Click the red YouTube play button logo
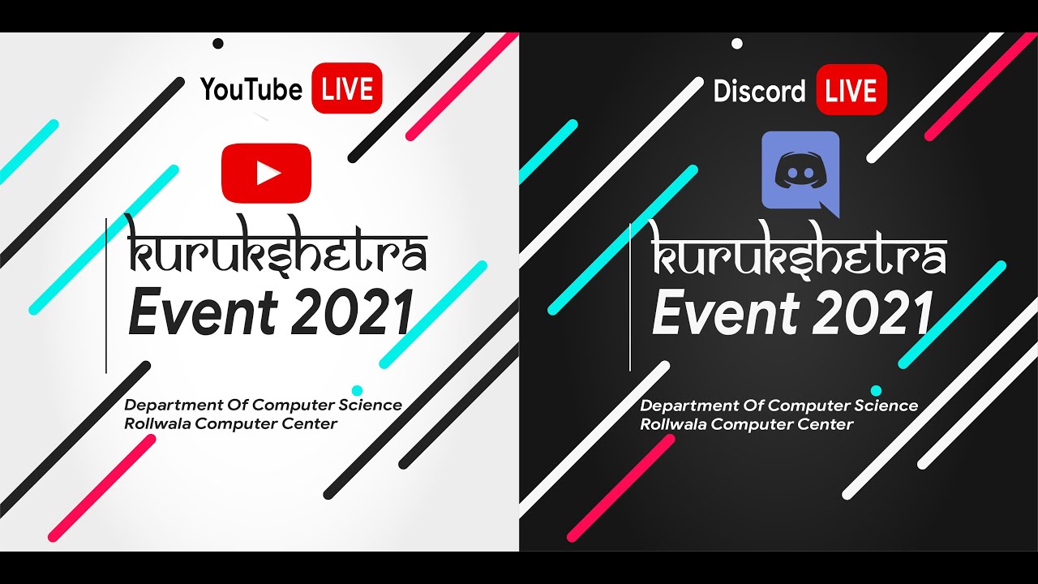click(266, 173)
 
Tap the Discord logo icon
click(800, 173)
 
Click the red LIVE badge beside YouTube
click(346, 88)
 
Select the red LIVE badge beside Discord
click(851, 90)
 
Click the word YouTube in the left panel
click(251, 89)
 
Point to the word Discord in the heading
click(759, 91)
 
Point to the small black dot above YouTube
click(217, 44)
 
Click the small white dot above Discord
click(736, 44)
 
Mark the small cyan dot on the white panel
click(357, 390)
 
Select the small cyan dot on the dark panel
click(876, 390)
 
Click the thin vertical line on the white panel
click(106, 296)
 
